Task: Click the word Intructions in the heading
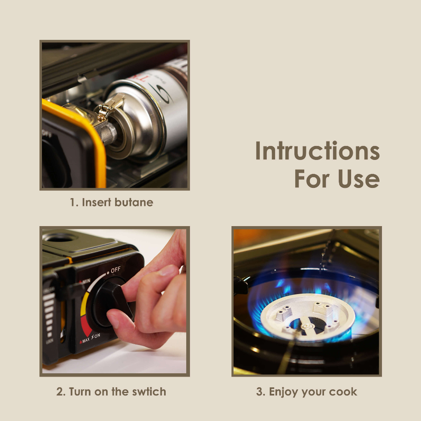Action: coord(317,151)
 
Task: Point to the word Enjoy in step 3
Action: coord(284,391)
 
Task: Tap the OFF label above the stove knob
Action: coord(116,270)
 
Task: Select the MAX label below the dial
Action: coord(85,341)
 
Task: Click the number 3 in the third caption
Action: coord(260,391)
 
